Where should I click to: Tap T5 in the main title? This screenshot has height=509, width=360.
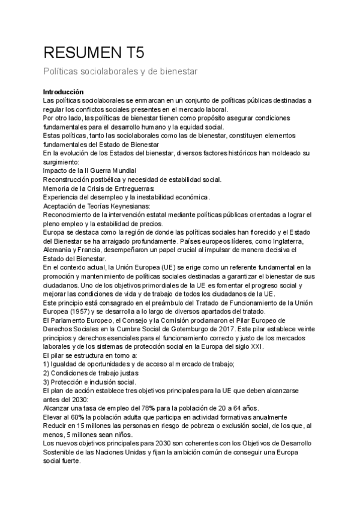coord(133,52)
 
